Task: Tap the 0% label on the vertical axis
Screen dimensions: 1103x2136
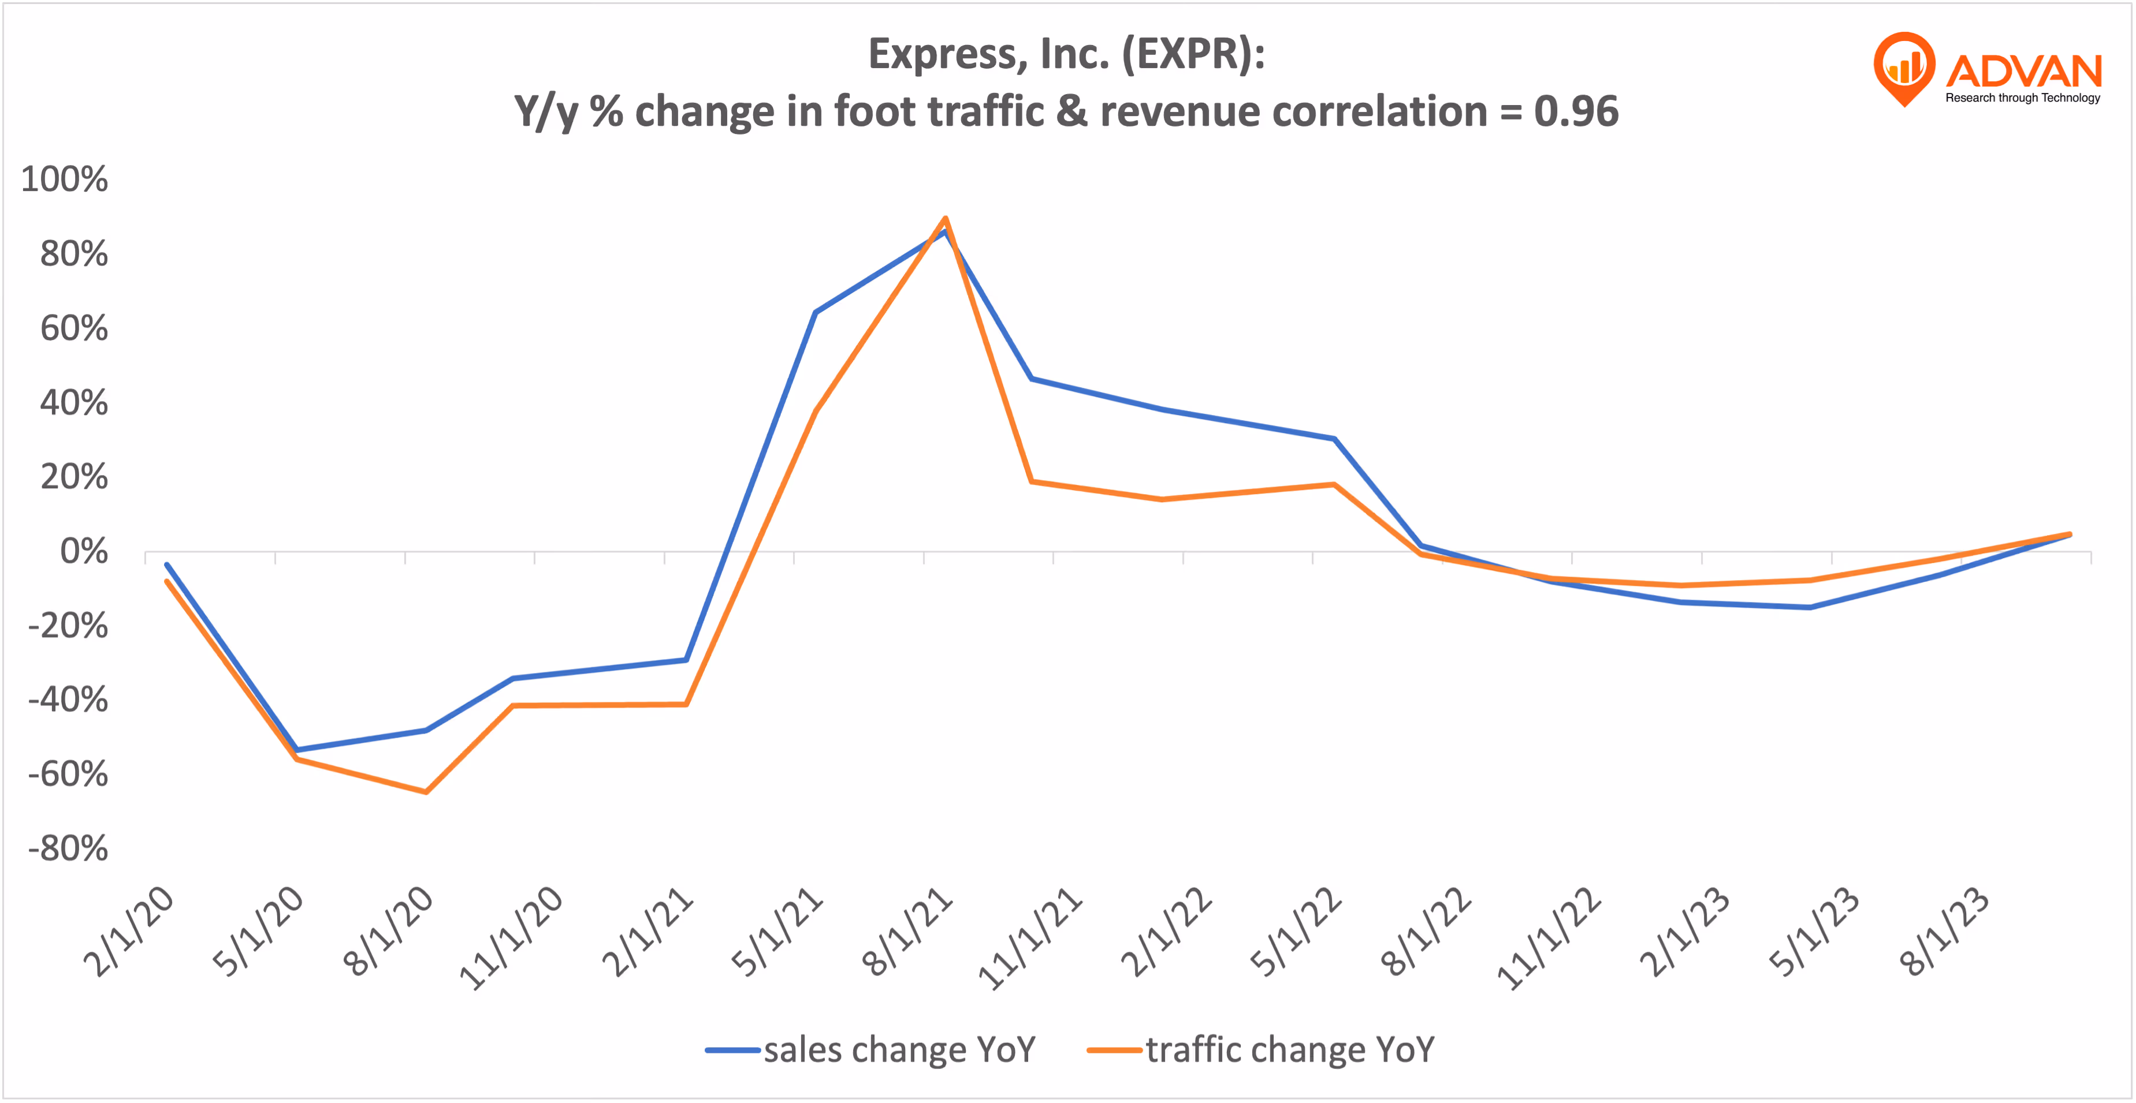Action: [x=84, y=551]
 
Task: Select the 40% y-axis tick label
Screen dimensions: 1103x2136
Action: [x=74, y=403]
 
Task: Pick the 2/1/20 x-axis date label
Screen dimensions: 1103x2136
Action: [x=129, y=932]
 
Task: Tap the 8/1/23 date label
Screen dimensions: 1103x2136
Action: [x=1944, y=932]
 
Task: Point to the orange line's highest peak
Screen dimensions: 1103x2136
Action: [x=946, y=219]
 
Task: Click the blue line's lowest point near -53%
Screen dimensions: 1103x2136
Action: [x=297, y=750]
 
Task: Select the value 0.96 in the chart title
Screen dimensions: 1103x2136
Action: [x=1576, y=111]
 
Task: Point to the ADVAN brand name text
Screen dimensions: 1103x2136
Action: [x=2023, y=71]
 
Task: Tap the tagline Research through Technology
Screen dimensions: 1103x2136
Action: [x=2023, y=98]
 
